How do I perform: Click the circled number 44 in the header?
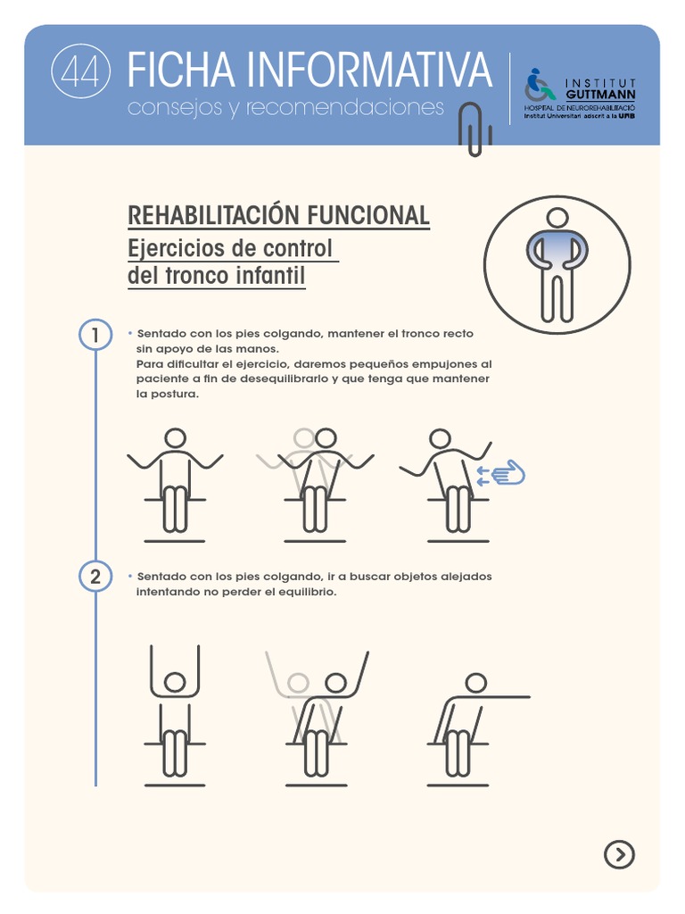click(80, 71)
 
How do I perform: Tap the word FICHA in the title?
click(181, 70)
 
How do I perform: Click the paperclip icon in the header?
click(475, 129)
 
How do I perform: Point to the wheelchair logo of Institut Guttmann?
click(540, 86)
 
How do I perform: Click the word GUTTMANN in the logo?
click(600, 95)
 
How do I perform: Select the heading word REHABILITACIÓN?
click(214, 215)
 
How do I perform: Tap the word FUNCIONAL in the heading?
click(368, 216)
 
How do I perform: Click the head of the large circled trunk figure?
click(557, 218)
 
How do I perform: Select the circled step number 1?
click(95, 336)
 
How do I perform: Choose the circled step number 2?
click(95, 577)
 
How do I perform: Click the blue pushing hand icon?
click(502, 473)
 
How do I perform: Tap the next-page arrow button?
click(619, 854)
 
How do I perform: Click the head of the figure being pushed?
click(441, 438)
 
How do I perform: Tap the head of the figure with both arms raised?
click(175, 682)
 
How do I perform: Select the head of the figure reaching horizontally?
click(476, 683)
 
